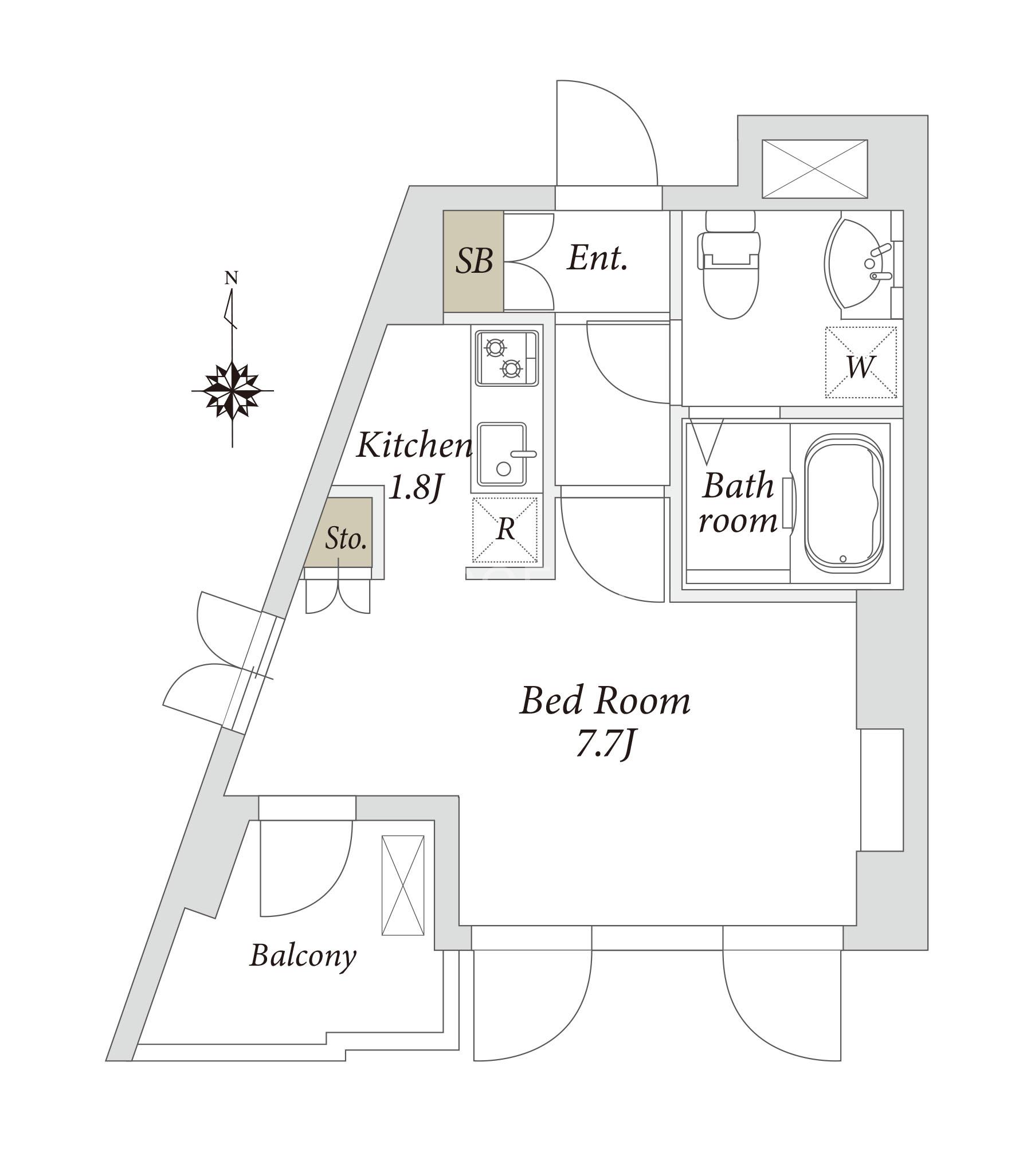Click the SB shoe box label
point(474,261)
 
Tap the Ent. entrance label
point(598,258)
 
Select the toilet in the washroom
point(730,264)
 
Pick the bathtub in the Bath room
point(844,503)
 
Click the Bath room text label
point(738,503)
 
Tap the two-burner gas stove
point(507,358)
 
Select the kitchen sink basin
point(502,454)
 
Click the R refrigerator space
point(505,530)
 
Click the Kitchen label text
point(414,446)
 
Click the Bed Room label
point(605,700)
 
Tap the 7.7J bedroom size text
point(605,746)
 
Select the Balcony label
point(303,955)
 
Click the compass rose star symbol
point(232,391)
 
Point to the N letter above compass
point(231,279)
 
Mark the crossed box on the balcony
point(403,885)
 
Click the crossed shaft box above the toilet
point(814,169)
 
